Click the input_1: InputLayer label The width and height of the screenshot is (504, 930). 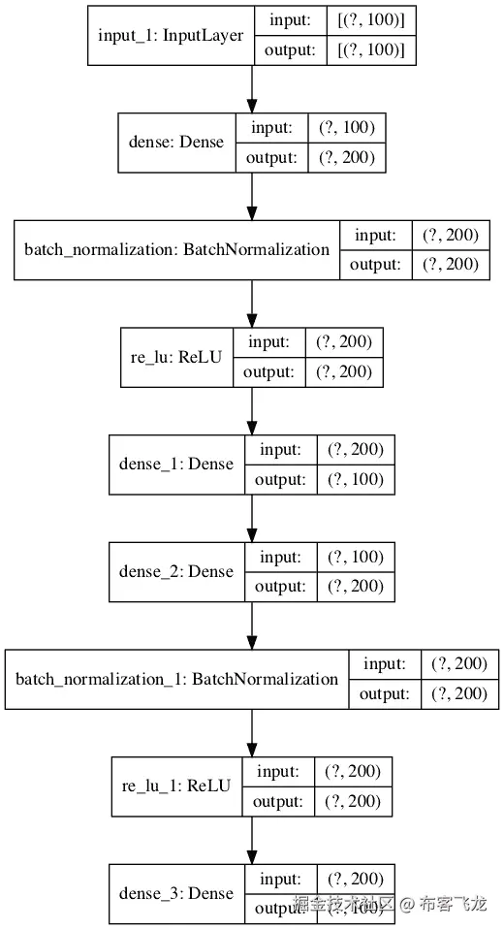(171, 35)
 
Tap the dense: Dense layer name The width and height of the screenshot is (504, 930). (176, 143)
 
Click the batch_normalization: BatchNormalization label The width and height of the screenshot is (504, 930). (176, 249)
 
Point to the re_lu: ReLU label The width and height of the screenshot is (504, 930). (176, 357)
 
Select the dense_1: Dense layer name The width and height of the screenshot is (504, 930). (176, 464)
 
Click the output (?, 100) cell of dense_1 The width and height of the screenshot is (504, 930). (356, 479)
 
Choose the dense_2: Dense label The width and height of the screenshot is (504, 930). (176, 571)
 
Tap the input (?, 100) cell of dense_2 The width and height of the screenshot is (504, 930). (356, 557)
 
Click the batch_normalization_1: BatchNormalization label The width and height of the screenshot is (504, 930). (176, 679)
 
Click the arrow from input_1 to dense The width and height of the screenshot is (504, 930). (252, 89)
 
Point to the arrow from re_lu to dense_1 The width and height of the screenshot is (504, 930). (252, 411)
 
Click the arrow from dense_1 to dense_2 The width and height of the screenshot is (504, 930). (252, 519)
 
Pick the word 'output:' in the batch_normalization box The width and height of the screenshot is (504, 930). (374, 265)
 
